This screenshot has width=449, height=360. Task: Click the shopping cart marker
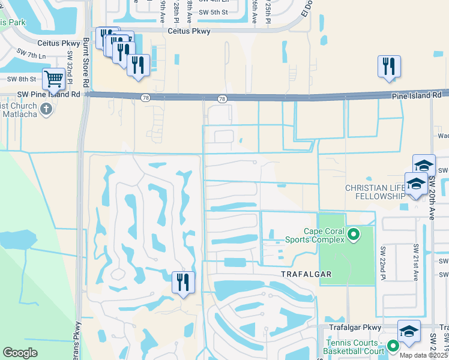click(x=54, y=79)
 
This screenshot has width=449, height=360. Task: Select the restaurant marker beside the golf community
click(x=183, y=282)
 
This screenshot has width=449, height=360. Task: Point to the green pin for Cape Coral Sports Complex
click(x=354, y=234)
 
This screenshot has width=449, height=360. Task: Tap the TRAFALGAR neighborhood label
click(x=307, y=274)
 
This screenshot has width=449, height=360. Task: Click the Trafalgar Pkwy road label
click(x=355, y=328)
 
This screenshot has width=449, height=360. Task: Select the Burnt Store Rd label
click(x=86, y=62)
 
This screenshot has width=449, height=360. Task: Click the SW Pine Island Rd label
click(x=49, y=94)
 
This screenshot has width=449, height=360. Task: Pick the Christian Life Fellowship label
click(x=376, y=192)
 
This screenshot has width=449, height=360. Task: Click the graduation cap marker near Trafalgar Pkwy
click(x=408, y=332)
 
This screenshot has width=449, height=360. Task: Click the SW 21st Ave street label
click(x=415, y=262)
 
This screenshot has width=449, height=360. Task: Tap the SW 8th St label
click(x=22, y=79)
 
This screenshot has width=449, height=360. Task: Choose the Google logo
click(x=20, y=352)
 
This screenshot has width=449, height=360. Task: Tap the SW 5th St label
click(x=213, y=12)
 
